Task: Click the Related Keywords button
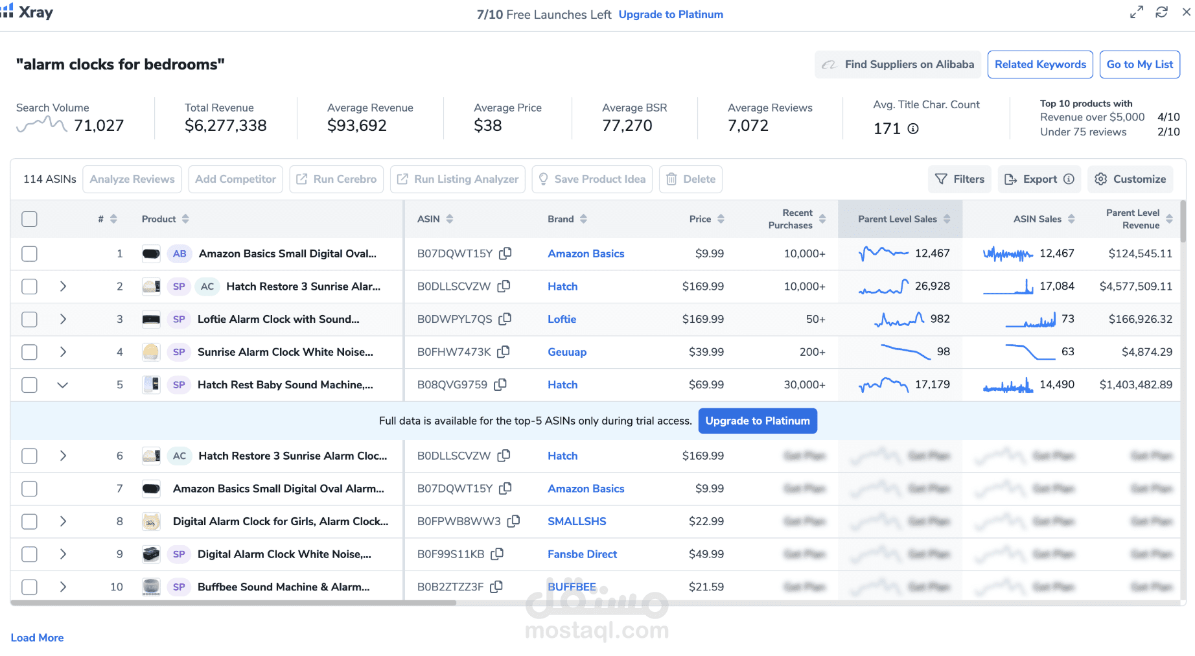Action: tap(1040, 65)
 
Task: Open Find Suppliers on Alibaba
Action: tap(898, 65)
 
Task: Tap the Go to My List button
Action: tap(1139, 65)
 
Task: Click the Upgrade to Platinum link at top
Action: tap(671, 14)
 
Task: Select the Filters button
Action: tap(960, 179)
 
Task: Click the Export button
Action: tap(1039, 179)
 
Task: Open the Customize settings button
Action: tap(1130, 179)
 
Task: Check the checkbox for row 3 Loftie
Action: tap(29, 319)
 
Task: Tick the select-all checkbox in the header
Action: tap(29, 219)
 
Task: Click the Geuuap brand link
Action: tap(567, 352)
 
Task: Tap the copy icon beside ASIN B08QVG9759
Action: tap(500, 385)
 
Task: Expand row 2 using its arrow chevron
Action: tap(63, 287)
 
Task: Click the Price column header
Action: tap(700, 219)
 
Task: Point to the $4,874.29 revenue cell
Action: tap(1146, 352)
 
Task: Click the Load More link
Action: tap(37, 638)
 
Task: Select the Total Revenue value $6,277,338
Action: tap(226, 126)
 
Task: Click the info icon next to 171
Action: tap(913, 128)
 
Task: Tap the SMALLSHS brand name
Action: tap(577, 521)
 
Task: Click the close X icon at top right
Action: tap(1187, 12)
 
